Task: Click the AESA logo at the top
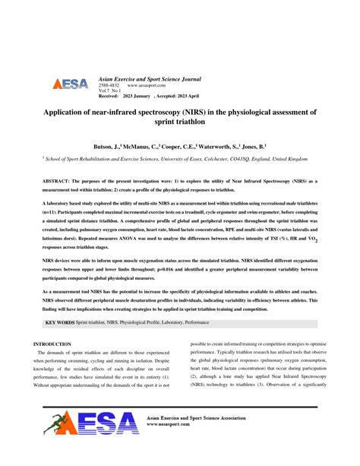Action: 70,84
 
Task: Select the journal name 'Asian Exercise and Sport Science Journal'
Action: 149,79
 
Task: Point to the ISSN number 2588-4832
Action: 109,86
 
